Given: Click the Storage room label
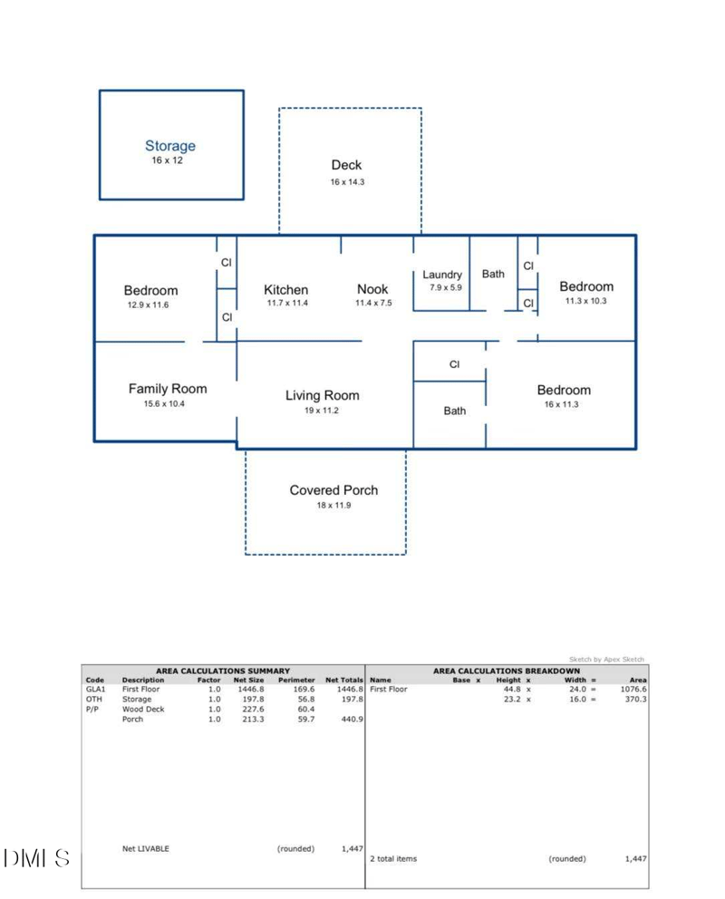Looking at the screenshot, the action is pyautogui.click(x=170, y=146).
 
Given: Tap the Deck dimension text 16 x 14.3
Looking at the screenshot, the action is pyautogui.click(x=347, y=182).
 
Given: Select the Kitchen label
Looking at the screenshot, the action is pyautogui.click(x=286, y=289).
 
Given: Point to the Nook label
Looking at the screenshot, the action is pyautogui.click(x=372, y=289).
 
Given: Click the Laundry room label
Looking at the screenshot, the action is pyautogui.click(x=442, y=275).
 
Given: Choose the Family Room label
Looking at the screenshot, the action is pyautogui.click(x=168, y=389).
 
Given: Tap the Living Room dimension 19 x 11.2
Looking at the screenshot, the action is pyautogui.click(x=322, y=411).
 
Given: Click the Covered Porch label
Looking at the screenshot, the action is pyautogui.click(x=333, y=490).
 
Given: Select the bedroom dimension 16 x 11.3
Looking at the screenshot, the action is pyautogui.click(x=562, y=404).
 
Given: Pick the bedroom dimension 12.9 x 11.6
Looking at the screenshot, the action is pyautogui.click(x=148, y=305).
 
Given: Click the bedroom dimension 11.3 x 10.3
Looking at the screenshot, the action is pyautogui.click(x=585, y=301).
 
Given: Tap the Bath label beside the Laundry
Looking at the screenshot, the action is pyautogui.click(x=493, y=274).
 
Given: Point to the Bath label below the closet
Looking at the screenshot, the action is pyautogui.click(x=455, y=411).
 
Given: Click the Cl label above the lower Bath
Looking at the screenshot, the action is pyautogui.click(x=455, y=364).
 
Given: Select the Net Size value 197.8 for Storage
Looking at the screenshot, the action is pyautogui.click(x=253, y=699).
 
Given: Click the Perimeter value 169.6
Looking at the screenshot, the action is pyautogui.click(x=304, y=689).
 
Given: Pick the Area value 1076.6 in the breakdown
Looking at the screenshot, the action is pyautogui.click(x=633, y=689).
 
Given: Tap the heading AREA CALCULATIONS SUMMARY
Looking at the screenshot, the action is pyautogui.click(x=223, y=671).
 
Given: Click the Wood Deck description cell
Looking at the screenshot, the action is pyautogui.click(x=143, y=710).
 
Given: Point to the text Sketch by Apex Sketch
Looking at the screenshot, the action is pyautogui.click(x=606, y=660).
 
